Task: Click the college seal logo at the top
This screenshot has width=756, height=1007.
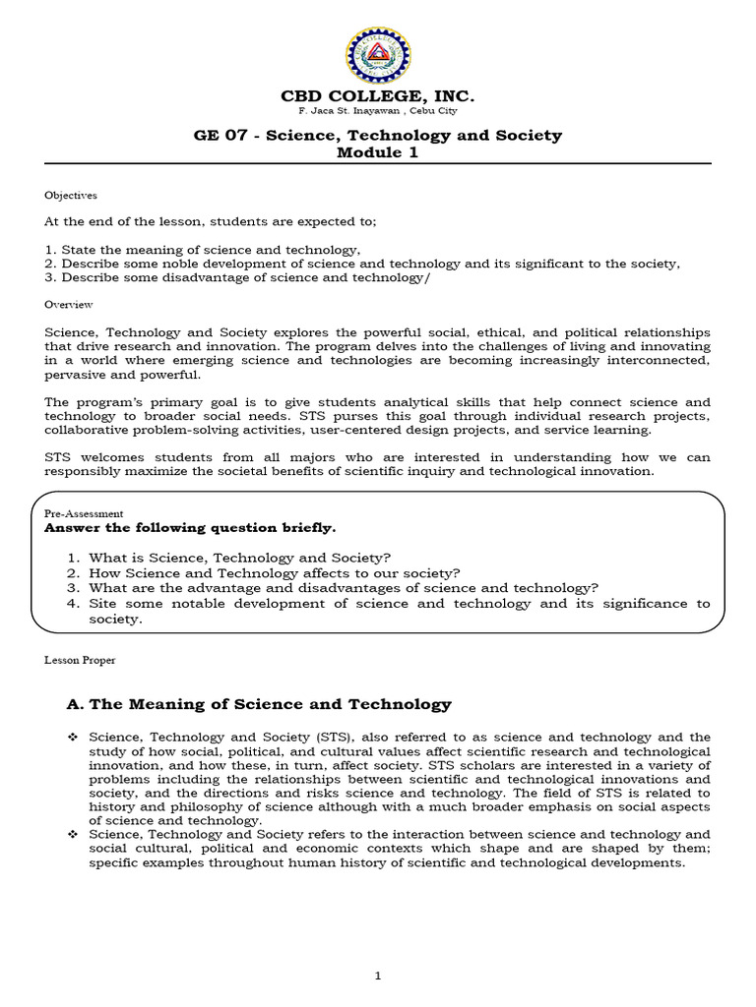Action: [378, 55]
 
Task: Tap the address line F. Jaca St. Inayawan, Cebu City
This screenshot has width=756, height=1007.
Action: [378, 112]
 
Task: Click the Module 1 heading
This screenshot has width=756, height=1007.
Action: [378, 152]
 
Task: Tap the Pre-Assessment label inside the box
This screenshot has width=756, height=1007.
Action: [84, 512]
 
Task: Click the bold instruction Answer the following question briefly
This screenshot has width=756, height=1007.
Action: [190, 527]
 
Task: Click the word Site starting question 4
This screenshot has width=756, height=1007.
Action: [104, 603]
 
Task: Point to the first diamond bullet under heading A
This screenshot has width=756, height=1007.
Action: [72, 737]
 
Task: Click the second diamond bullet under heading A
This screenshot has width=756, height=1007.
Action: [72, 833]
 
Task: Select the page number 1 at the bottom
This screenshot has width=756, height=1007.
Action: [378, 975]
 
